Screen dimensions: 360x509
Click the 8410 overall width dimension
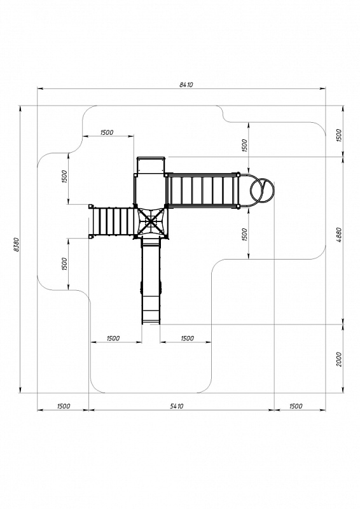186,85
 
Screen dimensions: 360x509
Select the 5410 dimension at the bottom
177,406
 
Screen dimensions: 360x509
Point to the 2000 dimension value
338,359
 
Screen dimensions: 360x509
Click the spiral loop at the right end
262,191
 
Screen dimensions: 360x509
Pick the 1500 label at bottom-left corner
64,406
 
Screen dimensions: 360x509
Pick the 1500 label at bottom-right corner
295,406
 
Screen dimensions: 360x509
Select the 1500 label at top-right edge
338,136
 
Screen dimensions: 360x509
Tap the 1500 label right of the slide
187,338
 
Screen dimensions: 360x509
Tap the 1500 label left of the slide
113,338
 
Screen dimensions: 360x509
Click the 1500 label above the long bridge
244,146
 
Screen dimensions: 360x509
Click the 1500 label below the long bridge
244,234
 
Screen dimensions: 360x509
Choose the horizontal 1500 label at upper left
107,132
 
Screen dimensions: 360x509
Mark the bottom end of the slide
151,323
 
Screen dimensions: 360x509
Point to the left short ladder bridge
112,221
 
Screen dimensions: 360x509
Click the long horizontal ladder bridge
202,190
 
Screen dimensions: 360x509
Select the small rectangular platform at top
151,165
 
